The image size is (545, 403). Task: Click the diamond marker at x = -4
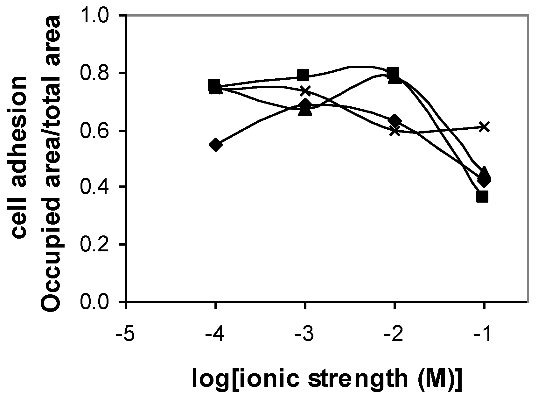215,145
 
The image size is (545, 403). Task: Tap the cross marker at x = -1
484,127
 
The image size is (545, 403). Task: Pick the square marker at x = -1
483,197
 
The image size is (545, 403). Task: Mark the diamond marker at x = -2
395,121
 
